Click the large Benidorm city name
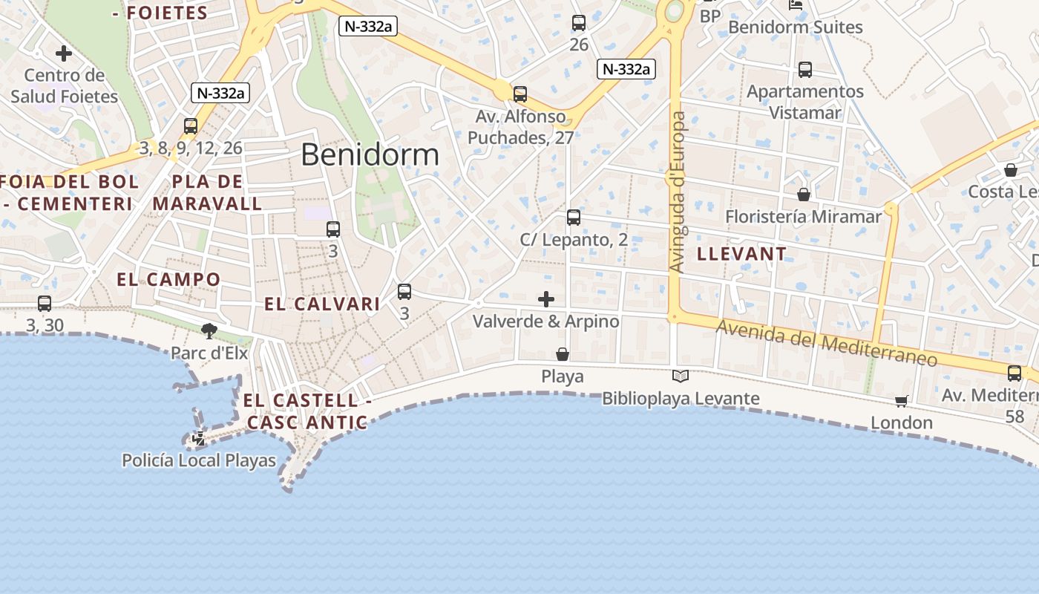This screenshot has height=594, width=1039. (370, 155)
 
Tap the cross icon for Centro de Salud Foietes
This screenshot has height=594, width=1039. (64, 53)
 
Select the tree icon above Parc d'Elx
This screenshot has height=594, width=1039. (209, 330)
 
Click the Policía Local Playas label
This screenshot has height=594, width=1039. (199, 460)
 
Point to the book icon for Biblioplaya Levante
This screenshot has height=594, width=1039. (680, 376)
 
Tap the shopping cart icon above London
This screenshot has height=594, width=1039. (901, 402)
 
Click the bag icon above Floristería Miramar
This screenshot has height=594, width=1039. (803, 195)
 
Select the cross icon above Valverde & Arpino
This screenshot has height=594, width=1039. (546, 299)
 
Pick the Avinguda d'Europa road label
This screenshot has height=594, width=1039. (677, 192)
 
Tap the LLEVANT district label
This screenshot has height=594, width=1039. (741, 254)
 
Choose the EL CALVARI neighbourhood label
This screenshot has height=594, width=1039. (322, 304)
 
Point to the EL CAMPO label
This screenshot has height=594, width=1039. (168, 279)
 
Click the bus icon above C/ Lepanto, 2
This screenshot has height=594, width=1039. (573, 218)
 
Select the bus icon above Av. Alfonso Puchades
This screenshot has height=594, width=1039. (520, 94)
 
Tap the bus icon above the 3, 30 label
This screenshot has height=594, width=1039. (45, 304)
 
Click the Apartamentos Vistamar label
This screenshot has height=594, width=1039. (805, 102)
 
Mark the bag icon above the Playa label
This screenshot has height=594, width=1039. (563, 355)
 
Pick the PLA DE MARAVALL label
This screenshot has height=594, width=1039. (207, 192)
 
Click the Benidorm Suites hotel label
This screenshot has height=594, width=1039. (795, 27)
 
